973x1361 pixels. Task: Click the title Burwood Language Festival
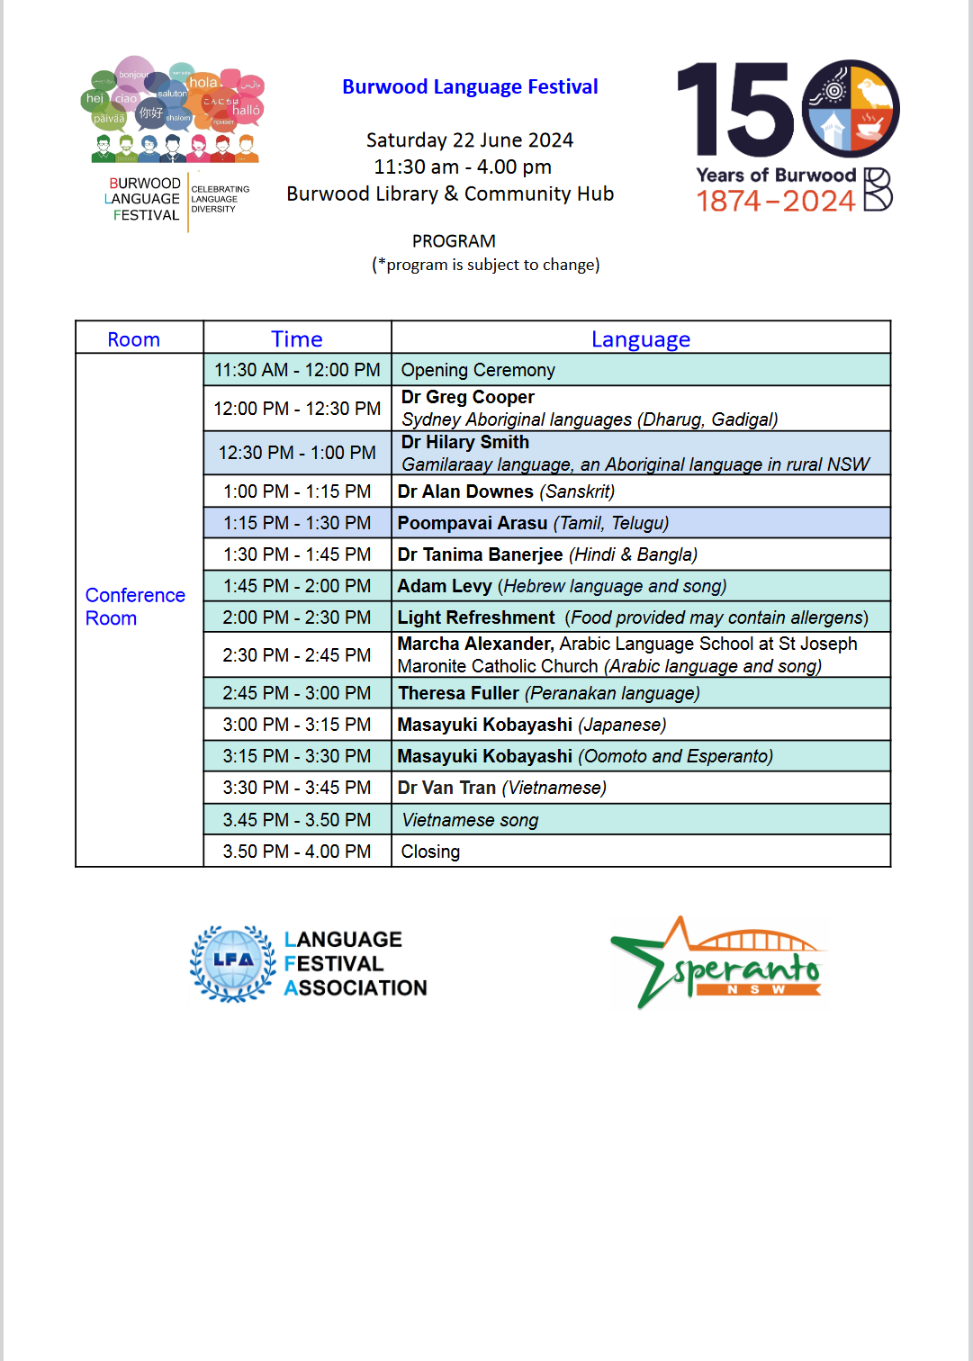click(x=470, y=87)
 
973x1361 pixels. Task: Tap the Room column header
click(x=133, y=339)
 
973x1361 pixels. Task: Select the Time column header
click(x=297, y=339)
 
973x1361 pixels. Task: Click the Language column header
click(x=641, y=339)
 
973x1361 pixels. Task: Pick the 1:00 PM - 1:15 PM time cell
click(x=297, y=491)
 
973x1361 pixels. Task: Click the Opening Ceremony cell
click(x=478, y=370)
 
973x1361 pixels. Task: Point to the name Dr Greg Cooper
click(x=468, y=397)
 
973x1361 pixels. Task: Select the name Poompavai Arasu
click(x=473, y=523)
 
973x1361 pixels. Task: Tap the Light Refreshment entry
click(x=476, y=617)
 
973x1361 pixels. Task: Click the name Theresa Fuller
click(x=458, y=693)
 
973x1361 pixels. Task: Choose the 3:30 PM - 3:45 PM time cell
click(x=297, y=788)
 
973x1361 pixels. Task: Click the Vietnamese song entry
click(x=470, y=820)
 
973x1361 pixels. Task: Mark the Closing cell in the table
click(x=430, y=852)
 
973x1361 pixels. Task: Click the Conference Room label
click(x=135, y=607)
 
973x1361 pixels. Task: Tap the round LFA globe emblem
click(x=233, y=962)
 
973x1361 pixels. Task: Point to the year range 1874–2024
click(x=776, y=201)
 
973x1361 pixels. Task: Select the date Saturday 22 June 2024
click(x=470, y=140)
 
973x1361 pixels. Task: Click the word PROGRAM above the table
click(x=454, y=241)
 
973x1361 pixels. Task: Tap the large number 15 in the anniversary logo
click(x=734, y=110)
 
